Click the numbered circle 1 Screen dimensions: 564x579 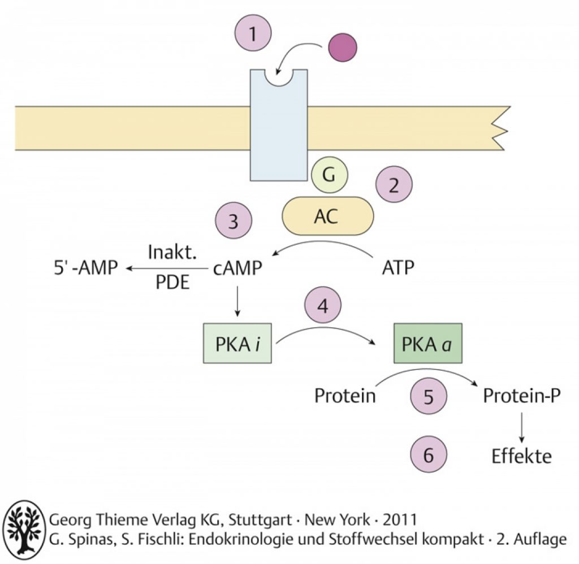click(253, 34)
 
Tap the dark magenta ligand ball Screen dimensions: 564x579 click(343, 47)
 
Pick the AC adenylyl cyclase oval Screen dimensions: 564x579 click(328, 215)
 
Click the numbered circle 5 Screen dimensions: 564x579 click(428, 396)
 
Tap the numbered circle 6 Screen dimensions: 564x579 click(428, 455)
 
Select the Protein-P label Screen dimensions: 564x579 click(521, 396)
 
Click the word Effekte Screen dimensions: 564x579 click(521, 455)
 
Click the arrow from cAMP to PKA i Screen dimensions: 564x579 click(237, 302)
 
